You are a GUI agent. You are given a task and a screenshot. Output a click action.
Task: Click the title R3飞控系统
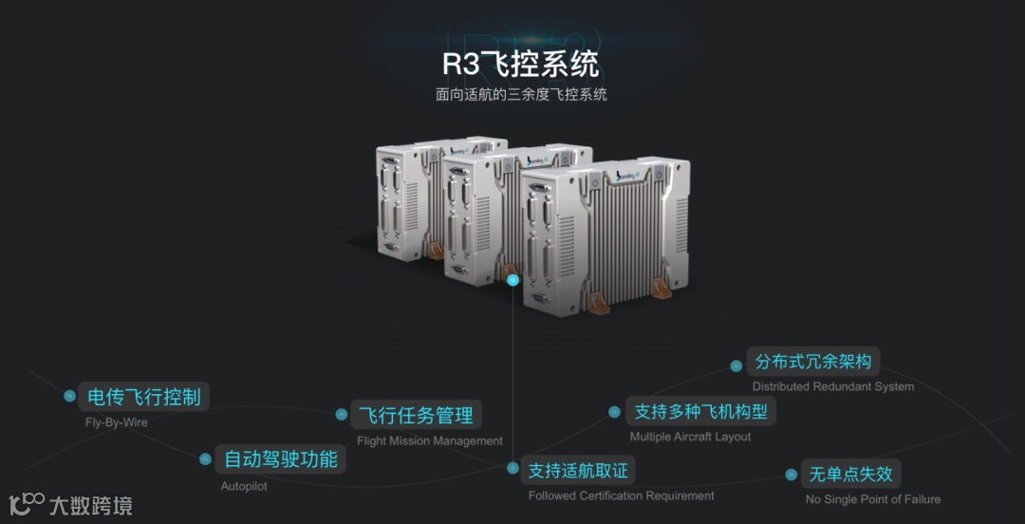521,65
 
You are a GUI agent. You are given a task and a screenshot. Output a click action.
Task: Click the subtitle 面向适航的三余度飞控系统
521,94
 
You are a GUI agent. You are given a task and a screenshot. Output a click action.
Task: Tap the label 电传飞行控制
144,397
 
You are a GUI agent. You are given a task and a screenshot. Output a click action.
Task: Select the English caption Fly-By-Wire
117,422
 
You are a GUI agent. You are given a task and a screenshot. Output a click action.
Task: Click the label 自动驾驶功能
281,459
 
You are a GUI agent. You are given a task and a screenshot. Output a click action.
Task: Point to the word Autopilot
244,486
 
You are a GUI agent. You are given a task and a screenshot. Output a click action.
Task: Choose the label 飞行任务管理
416,415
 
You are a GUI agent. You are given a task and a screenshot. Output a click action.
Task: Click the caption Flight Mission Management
430,440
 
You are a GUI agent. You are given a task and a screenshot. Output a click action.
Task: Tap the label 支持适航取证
578,470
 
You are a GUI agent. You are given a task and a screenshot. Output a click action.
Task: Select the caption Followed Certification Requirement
622,496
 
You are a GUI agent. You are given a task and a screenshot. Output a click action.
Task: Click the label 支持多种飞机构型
700,411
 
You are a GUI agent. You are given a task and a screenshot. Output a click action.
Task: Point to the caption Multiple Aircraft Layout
690,437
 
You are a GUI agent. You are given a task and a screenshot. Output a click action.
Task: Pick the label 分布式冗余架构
813,361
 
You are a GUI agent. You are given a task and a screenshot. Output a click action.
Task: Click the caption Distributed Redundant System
833,386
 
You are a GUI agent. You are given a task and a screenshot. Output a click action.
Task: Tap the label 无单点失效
851,474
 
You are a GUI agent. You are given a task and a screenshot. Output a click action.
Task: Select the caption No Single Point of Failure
873,499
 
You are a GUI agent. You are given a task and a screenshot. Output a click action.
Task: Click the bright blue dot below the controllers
513,280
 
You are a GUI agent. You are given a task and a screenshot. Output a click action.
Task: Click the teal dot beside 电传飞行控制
69,396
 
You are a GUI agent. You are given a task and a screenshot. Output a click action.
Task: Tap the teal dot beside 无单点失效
792,475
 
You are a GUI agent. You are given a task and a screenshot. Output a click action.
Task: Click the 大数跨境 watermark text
91,505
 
